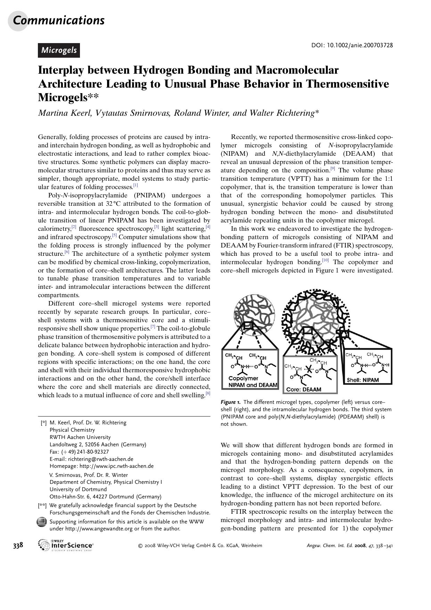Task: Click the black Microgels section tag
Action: tap(59, 50)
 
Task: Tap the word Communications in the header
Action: tap(59, 20)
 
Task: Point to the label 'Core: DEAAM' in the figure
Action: tap(303, 390)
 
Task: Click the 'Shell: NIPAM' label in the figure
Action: tap(363, 380)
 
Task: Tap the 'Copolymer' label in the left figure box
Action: tap(243, 378)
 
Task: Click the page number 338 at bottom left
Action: tap(18, 545)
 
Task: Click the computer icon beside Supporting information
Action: tap(42, 522)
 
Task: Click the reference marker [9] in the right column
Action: tap(332, 169)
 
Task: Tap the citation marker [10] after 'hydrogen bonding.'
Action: tap(325, 260)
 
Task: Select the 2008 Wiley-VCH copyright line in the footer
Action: tap(200, 545)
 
